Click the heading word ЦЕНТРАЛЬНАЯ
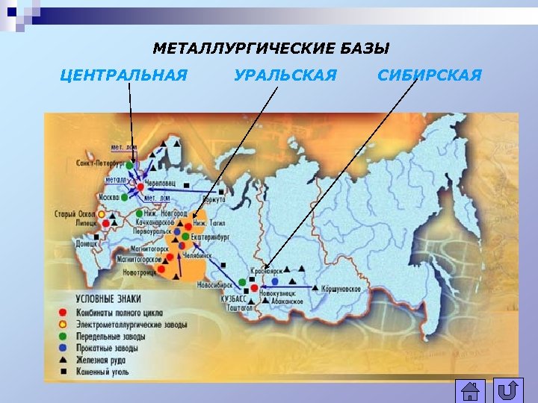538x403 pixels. [123, 75]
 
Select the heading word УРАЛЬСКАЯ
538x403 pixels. [285, 75]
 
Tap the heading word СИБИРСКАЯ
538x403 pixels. [430, 75]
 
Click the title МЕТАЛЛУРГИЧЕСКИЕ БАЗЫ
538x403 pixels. [271, 49]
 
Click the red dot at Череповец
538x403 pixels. [140, 186]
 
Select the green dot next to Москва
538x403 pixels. [125, 198]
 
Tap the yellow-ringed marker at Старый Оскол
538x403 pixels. [114, 214]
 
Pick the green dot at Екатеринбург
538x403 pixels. [185, 237]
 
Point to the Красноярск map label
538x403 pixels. [267, 270]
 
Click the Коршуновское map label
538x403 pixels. [341, 289]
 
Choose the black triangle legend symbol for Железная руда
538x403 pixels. [64, 359]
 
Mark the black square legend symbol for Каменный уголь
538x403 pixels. [64, 370]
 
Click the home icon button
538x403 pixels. [470, 391]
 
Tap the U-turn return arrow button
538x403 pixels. [508, 391]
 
